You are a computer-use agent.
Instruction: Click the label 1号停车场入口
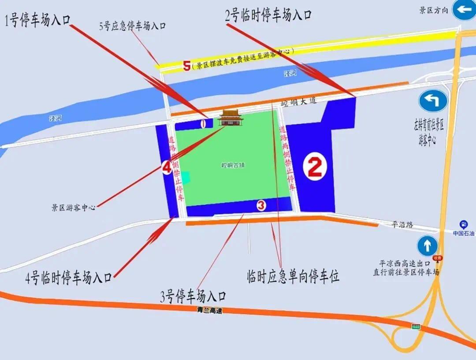point(37,20)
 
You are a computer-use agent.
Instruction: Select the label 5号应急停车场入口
point(132,26)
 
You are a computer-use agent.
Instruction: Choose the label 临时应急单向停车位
point(293,276)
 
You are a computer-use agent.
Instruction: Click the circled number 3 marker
point(261,205)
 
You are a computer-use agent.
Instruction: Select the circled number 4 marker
point(167,167)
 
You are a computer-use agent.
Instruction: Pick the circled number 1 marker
point(203,124)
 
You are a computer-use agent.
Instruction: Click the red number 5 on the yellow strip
point(187,67)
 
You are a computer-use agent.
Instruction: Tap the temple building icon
point(231,118)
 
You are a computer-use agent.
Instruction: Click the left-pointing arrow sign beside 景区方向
point(465,10)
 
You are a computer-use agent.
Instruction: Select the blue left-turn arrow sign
point(433,101)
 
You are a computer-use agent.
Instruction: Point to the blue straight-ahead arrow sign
point(427,245)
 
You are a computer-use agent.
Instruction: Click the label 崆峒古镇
point(233,166)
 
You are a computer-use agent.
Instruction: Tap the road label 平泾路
point(402,225)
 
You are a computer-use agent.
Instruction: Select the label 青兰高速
point(210,310)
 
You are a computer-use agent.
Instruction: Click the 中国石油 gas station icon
point(463,224)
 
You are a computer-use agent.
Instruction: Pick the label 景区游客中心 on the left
point(73,207)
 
